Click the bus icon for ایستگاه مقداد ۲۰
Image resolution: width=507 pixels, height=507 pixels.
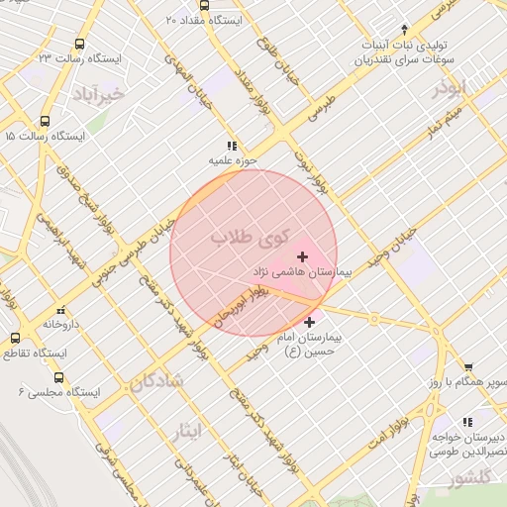[205, 5]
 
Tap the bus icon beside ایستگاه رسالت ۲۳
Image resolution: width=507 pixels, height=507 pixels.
[79, 45]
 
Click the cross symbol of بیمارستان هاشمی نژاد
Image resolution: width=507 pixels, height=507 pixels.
[302, 256]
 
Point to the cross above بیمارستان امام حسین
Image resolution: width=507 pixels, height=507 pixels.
[310, 323]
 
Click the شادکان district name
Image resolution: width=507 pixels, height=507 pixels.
[156, 381]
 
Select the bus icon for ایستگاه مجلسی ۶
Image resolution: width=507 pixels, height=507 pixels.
[58, 377]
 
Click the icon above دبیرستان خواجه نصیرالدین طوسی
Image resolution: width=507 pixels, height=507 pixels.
[467, 423]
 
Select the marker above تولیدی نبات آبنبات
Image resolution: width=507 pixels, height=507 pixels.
[403, 30]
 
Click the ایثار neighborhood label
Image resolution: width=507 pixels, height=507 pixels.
[185, 431]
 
